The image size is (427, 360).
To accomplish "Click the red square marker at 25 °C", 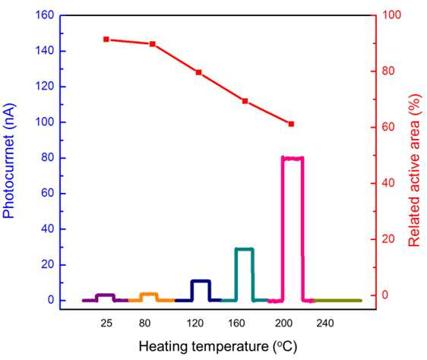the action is [x=106, y=39].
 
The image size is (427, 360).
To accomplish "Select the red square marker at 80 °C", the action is [x=153, y=44].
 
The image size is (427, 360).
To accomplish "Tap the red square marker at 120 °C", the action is [x=198, y=72].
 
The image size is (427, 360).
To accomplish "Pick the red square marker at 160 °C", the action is [x=245, y=101].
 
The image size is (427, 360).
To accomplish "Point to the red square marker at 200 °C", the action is [x=291, y=124].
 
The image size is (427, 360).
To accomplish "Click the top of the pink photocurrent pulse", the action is [x=293, y=158].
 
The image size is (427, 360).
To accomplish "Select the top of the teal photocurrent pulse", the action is [x=245, y=249].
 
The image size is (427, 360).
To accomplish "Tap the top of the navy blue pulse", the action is [x=201, y=281].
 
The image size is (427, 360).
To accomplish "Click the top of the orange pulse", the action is [x=149, y=294].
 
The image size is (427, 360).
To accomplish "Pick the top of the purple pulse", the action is [x=106, y=295].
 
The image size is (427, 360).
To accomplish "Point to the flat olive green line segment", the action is [x=337, y=301].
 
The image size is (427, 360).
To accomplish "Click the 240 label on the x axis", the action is [x=325, y=324].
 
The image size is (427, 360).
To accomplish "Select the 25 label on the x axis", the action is [x=106, y=324].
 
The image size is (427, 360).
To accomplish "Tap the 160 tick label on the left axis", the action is [x=45, y=15].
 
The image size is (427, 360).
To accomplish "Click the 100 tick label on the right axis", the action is [x=392, y=14].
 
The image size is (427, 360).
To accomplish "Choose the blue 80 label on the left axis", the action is [x=48, y=158].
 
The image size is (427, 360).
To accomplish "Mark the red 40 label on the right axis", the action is [x=388, y=183].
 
